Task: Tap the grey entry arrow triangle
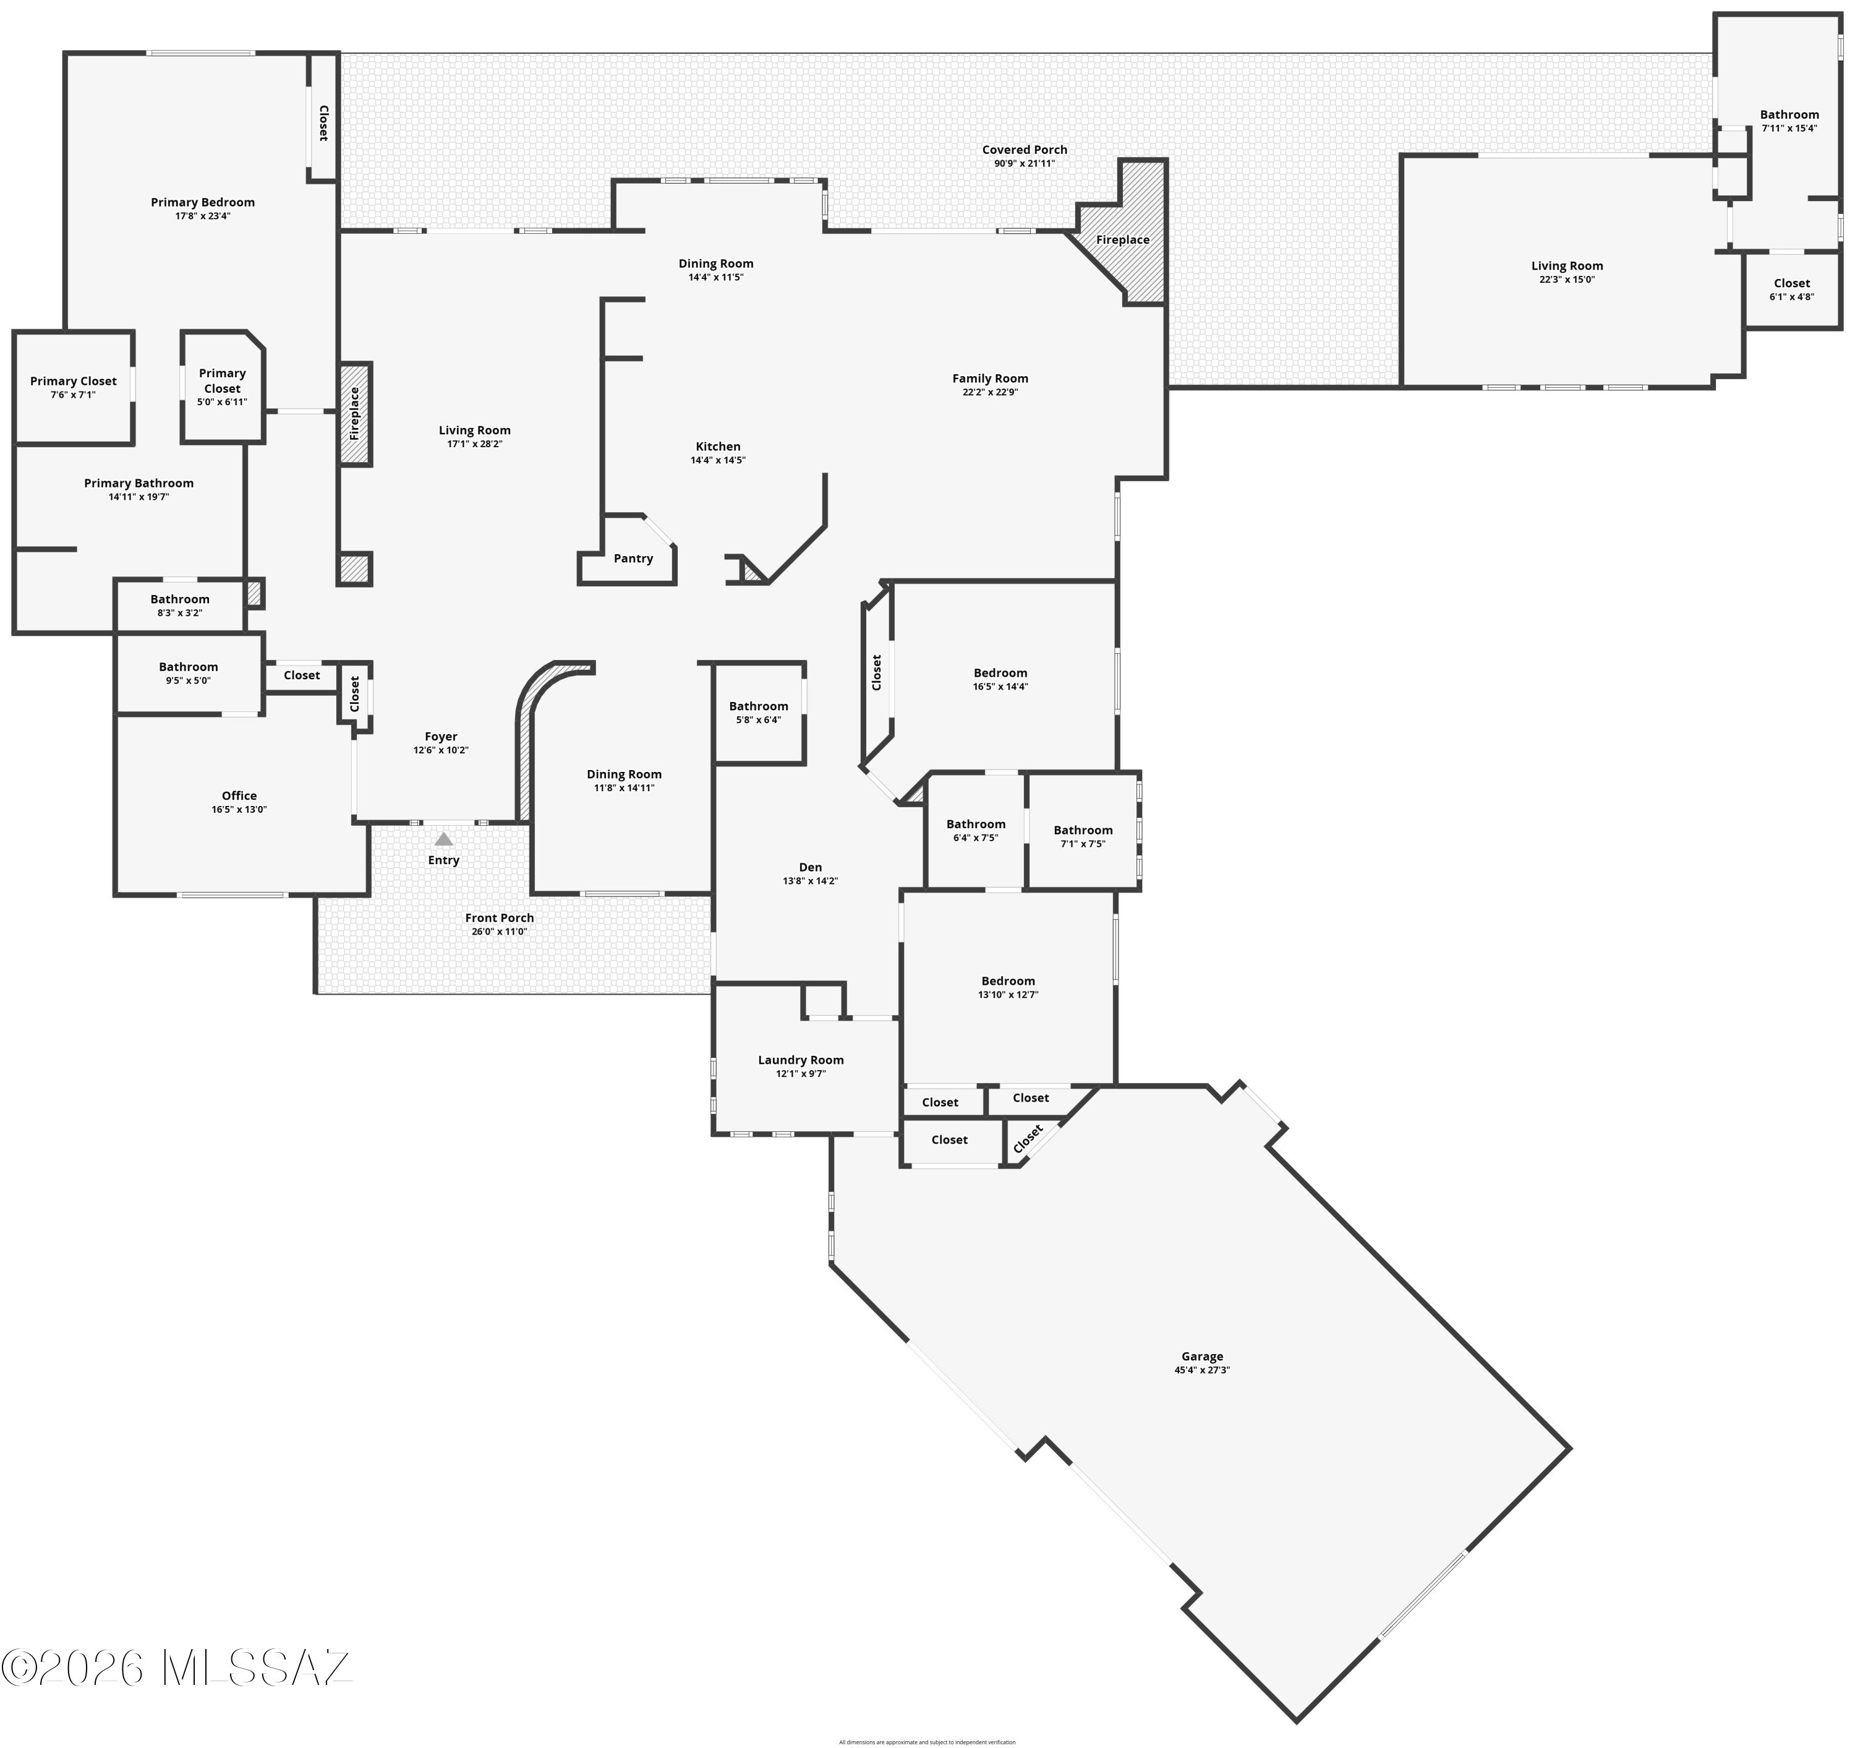click(444, 839)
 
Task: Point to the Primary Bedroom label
click(202, 202)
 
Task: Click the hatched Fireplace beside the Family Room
click(1122, 240)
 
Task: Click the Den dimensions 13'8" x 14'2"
click(810, 881)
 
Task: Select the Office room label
click(239, 795)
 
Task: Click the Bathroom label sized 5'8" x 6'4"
click(759, 706)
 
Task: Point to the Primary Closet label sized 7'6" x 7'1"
click(73, 381)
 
